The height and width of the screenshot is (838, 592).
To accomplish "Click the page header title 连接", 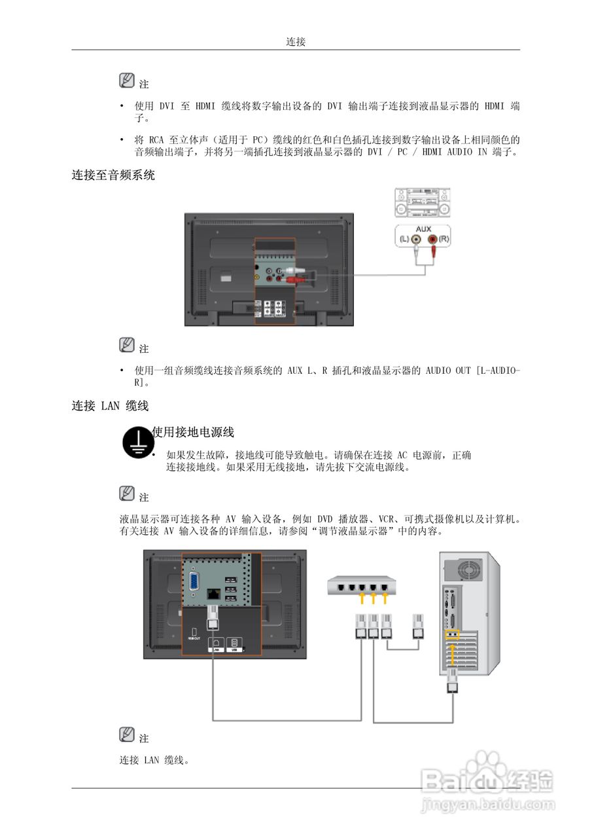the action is point(296,42).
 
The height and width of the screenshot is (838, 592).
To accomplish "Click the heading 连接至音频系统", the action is point(113,175).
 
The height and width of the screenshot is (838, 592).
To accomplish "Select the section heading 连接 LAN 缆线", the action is point(110,406).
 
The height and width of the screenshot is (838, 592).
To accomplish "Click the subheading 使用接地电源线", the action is point(193,432).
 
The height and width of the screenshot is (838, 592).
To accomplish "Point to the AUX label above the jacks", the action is point(423,230).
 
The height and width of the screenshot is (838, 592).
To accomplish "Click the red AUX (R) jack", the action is point(432,240).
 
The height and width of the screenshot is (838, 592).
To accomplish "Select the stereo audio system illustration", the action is point(422,202).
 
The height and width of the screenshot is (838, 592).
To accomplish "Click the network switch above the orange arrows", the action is point(360,584).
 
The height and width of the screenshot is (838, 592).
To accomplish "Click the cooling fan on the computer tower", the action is point(468,569).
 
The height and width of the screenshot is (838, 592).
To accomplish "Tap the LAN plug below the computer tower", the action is point(451,683).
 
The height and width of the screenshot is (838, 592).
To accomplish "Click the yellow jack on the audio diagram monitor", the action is point(258,278).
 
